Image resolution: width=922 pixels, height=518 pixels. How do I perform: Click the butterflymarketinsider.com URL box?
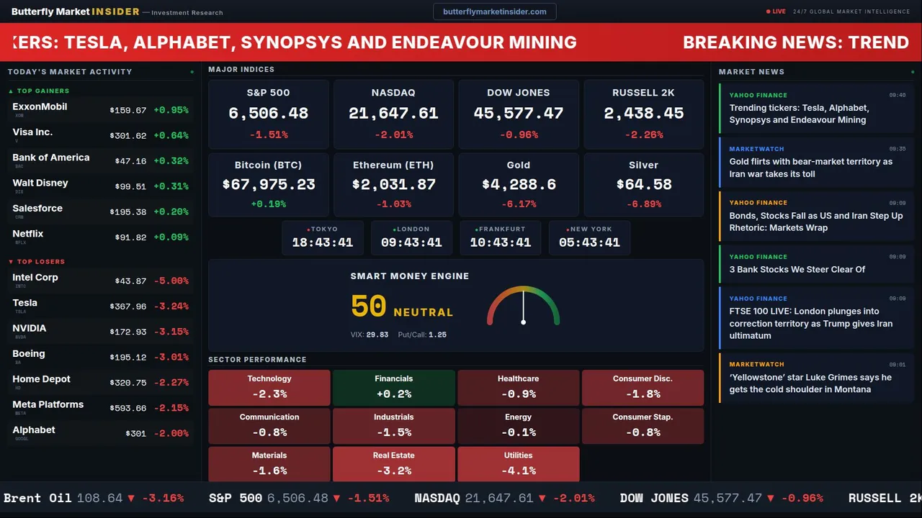pos(495,12)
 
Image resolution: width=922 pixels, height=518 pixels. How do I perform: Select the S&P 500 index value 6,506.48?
pos(268,114)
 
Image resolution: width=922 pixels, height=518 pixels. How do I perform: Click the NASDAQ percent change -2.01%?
pos(393,135)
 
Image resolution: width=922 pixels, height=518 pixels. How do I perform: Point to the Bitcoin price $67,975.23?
pos(269,185)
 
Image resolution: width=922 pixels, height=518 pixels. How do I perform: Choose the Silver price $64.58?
pos(644,185)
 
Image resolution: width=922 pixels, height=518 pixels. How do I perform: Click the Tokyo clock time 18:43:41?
pos(322,242)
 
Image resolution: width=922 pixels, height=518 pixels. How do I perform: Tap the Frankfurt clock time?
pos(501,242)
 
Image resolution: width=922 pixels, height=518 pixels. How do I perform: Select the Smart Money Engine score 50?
pos(369,306)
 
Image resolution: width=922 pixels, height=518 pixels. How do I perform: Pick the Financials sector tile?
pos(394,387)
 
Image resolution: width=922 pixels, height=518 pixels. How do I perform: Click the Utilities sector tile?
pos(519,464)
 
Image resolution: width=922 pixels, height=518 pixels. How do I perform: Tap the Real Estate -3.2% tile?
pos(394,464)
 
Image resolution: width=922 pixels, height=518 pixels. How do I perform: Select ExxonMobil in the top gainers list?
pos(40,106)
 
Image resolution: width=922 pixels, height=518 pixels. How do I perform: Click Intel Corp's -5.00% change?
pos(171,281)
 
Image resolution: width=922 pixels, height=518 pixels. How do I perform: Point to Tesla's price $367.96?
pos(128,306)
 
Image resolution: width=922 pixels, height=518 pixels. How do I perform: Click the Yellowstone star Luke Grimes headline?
pos(810,383)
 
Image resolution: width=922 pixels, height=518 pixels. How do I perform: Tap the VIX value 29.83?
pos(377,335)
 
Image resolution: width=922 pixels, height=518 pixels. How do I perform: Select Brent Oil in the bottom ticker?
pos(37,498)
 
